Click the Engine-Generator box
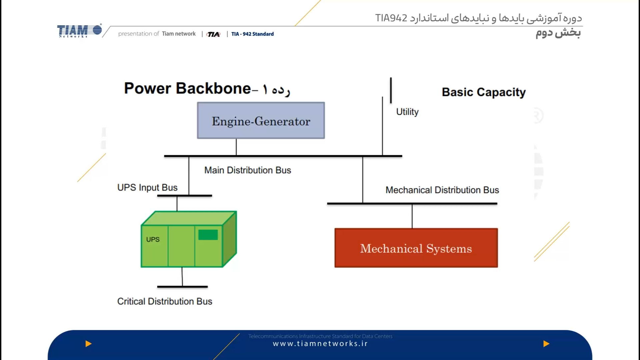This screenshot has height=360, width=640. [x=261, y=121]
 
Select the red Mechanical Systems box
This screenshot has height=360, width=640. [x=416, y=248]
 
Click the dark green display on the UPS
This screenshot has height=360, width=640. [x=208, y=235]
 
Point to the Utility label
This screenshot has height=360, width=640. [x=407, y=112]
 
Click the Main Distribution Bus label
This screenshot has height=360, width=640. [x=247, y=170]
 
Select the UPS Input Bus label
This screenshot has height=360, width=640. [x=147, y=188]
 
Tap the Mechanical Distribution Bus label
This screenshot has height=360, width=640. [x=442, y=190]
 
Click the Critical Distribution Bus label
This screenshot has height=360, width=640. [x=165, y=301]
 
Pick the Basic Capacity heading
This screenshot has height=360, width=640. [x=483, y=92]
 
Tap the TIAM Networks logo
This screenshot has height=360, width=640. [x=79, y=31]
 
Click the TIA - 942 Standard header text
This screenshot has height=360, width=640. [x=252, y=34]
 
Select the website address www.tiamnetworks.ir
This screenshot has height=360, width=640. [x=320, y=344]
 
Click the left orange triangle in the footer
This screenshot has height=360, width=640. [x=88, y=344]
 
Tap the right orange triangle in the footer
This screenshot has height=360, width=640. [x=546, y=344]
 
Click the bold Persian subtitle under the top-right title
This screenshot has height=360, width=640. [x=558, y=33]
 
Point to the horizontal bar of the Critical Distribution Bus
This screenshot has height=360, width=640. [x=182, y=287]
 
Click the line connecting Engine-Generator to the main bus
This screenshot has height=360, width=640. [x=236, y=147]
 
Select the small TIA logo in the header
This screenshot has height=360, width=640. [x=213, y=34]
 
